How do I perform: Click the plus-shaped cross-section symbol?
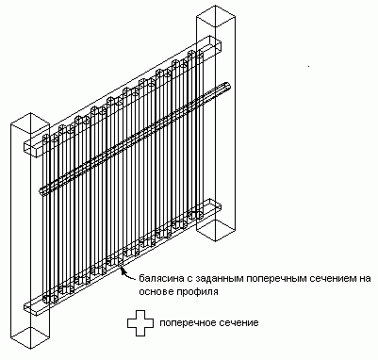pos(140,323)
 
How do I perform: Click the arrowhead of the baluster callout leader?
pos(122,270)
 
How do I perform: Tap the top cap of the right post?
pos(216,16)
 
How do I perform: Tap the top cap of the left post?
pos(30,123)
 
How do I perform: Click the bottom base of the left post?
pos(30,338)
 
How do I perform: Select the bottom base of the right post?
pos(216,231)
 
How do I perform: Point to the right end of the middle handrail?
pos(227,87)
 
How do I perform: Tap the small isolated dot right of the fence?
pos(309,66)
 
